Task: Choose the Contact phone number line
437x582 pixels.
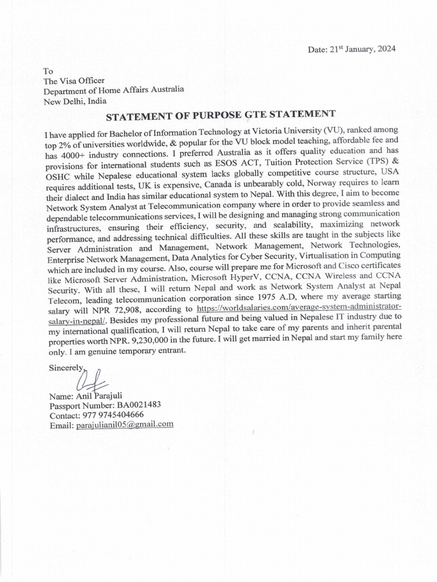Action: [x=96, y=415]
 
